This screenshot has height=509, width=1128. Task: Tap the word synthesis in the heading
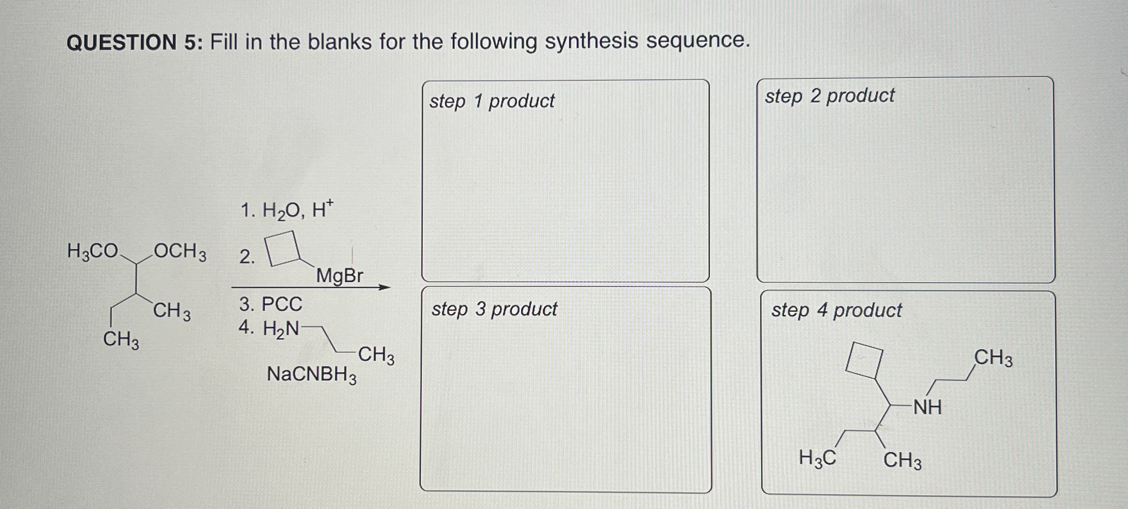(x=591, y=41)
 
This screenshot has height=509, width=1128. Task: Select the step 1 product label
(x=492, y=101)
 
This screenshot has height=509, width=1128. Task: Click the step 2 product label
(x=830, y=96)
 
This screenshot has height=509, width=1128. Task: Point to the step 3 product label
(x=494, y=309)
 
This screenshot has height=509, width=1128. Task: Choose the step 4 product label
(x=837, y=310)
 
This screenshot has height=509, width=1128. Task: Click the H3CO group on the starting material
(x=93, y=252)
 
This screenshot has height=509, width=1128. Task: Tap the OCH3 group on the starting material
(x=180, y=252)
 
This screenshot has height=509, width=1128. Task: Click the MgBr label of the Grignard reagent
(x=340, y=276)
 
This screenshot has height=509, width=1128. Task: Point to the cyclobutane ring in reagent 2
(x=283, y=248)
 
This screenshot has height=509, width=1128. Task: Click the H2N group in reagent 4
(x=281, y=329)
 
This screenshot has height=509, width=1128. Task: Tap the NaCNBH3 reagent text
(x=312, y=375)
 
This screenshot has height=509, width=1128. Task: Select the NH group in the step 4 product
(x=927, y=407)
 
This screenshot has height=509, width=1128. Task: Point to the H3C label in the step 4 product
(x=817, y=458)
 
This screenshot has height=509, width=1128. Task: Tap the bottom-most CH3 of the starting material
(x=121, y=339)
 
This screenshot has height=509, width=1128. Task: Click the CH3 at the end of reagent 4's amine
(x=376, y=355)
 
